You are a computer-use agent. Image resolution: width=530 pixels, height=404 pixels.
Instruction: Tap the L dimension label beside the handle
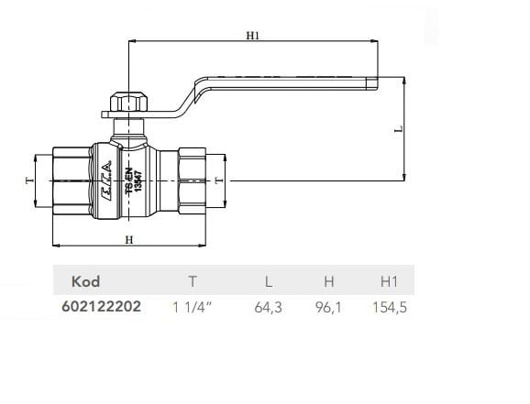(x=397, y=129)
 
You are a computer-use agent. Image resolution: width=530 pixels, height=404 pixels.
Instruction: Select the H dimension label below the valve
(x=129, y=239)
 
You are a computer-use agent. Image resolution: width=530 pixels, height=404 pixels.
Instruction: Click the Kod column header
(x=85, y=281)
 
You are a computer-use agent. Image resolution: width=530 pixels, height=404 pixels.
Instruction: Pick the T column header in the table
(x=191, y=281)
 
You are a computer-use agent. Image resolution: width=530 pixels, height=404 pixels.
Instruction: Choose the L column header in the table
(x=267, y=281)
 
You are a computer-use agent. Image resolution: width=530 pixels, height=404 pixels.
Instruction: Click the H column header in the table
(x=328, y=281)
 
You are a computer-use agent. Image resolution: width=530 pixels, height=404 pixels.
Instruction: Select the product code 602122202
(x=100, y=307)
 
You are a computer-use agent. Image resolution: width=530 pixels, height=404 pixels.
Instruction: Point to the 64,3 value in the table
(x=267, y=307)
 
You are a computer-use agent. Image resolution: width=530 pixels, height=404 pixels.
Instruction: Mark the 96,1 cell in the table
(x=328, y=307)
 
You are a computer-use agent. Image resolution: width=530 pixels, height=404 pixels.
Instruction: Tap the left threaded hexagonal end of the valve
(x=71, y=180)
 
